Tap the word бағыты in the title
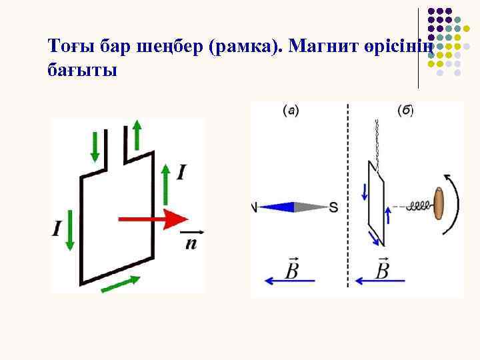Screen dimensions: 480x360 click(83, 69)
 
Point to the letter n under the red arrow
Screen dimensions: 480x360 click(191, 243)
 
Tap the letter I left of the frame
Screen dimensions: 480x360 click(57, 229)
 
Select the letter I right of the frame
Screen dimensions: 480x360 click(181, 173)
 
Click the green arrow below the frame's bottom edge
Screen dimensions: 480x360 click(121, 283)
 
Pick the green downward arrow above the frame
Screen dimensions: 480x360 click(95, 146)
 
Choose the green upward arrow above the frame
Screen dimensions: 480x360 click(137, 135)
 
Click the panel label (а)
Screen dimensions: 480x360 click(289, 110)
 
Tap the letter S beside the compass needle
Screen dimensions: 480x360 click(333, 207)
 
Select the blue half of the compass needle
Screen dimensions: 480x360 click(276, 207)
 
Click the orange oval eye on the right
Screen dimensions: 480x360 click(439, 203)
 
